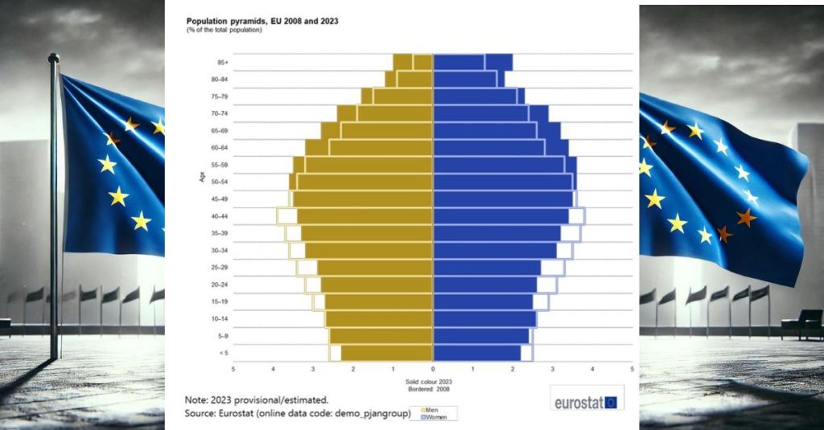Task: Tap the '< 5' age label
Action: click(x=223, y=353)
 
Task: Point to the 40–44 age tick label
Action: click(x=220, y=216)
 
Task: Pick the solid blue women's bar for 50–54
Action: click(x=503, y=182)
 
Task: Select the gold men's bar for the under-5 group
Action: click(x=387, y=353)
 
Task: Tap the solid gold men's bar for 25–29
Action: click(x=375, y=268)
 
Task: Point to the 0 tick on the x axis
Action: click(x=433, y=370)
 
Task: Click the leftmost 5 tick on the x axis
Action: click(x=233, y=370)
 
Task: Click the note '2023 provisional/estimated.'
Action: click(x=256, y=399)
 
